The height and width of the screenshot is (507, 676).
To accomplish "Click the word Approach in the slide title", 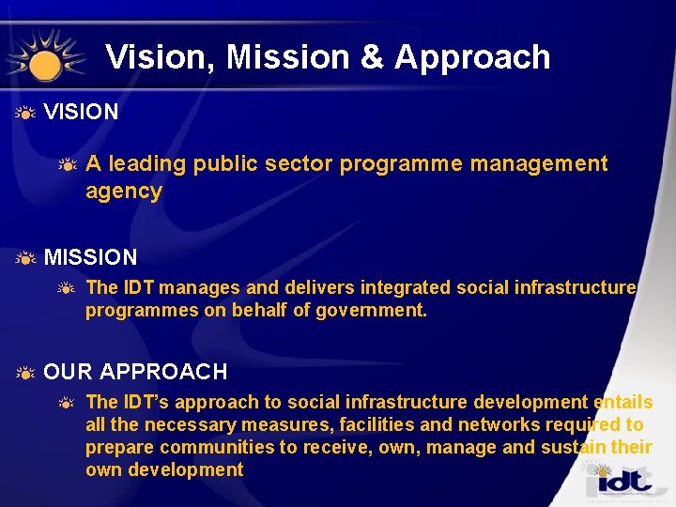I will [x=472, y=58].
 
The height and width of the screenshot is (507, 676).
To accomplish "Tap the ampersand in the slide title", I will [x=372, y=57].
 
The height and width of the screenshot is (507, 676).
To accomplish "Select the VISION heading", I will [x=82, y=112].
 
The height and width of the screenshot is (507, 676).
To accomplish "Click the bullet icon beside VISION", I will [x=25, y=113].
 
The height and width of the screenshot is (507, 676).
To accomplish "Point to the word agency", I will [x=124, y=192].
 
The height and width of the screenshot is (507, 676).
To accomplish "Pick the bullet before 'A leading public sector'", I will [x=67, y=165].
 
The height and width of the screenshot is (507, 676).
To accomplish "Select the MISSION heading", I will [x=91, y=256].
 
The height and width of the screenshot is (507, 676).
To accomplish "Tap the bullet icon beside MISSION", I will [x=25, y=257].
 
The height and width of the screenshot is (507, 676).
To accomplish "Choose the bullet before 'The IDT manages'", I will [x=67, y=288].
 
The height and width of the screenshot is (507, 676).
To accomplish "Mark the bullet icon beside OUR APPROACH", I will [x=25, y=373].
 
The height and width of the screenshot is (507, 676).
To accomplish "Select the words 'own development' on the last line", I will [x=164, y=469].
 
